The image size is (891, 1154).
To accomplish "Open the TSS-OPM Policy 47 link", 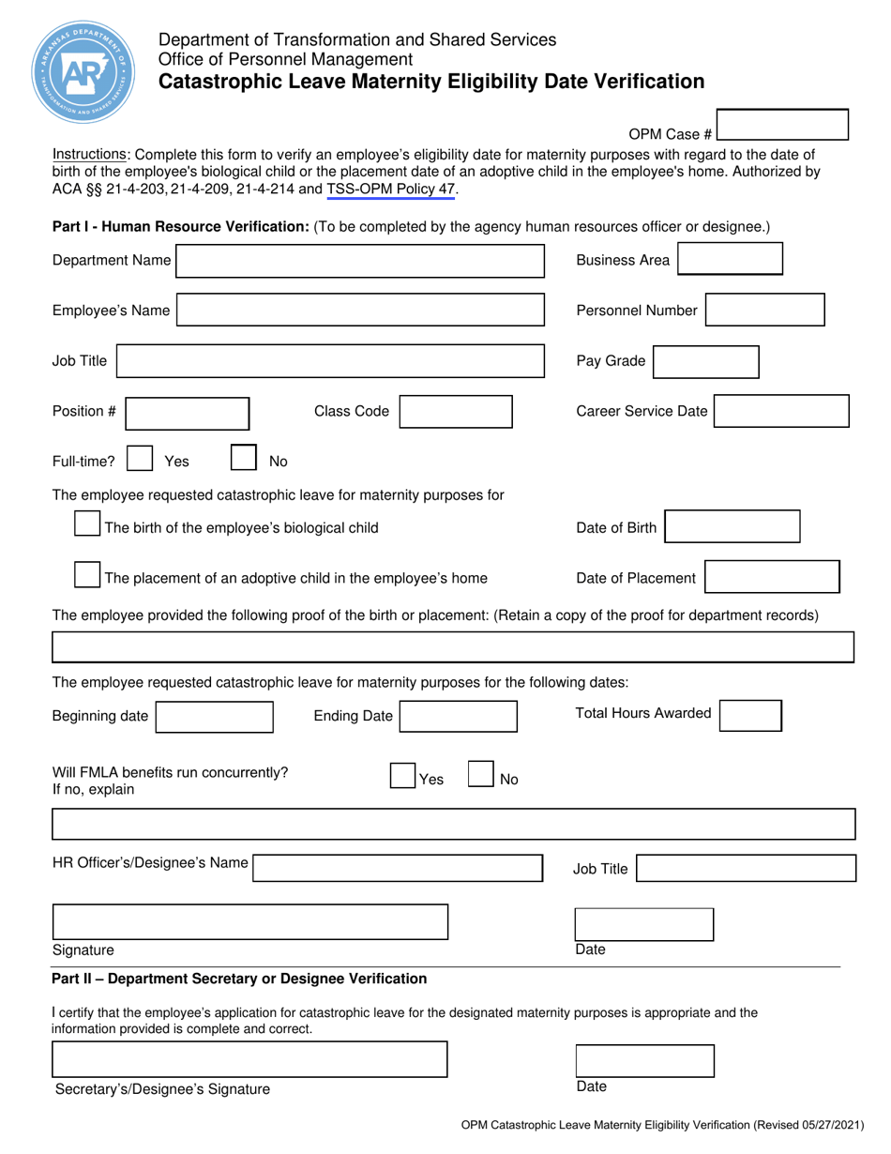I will [391, 190].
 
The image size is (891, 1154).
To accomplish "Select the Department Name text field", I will [360, 261].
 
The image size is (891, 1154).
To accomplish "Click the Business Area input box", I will [730, 260].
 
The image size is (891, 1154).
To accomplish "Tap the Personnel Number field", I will [764, 311].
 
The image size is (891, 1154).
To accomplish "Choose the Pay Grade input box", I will [705, 361].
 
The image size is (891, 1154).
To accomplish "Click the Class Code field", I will [457, 411].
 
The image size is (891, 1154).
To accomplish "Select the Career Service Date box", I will [782, 411].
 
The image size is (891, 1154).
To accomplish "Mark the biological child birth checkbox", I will [87, 525].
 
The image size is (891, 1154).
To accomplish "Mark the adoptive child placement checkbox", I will [87, 576].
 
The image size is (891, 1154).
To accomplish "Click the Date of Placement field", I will [772, 578].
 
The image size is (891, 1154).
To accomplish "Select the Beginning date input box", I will [214, 717].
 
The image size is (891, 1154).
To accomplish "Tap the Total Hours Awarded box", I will [750, 715].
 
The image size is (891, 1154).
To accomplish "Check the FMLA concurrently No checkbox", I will [480, 776].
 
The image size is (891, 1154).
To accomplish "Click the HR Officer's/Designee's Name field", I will [398, 868].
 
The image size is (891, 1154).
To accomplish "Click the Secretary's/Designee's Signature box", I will [249, 1059].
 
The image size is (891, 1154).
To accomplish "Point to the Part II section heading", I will [239, 979].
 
